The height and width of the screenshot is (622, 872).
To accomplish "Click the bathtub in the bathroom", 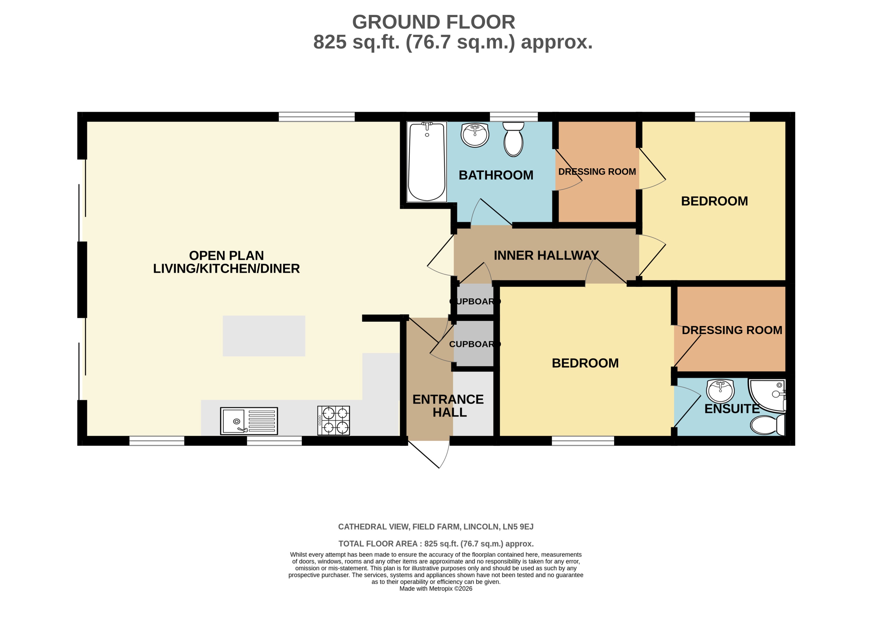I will [427, 162].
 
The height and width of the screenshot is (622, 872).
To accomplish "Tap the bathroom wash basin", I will [475, 135].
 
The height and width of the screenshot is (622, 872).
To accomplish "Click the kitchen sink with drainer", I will [249, 421].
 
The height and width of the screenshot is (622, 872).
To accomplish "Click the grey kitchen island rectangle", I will [264, 336].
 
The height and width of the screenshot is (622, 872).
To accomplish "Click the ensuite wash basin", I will [721, 391].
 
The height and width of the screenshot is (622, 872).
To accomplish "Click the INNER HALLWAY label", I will [546, 255].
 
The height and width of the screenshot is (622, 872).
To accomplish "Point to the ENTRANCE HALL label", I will [448, 406].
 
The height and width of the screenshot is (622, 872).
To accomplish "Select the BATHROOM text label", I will [496, 175].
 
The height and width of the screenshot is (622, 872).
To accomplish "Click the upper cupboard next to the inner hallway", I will [475, 299].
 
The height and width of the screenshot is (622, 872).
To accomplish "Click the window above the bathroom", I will [514, 116].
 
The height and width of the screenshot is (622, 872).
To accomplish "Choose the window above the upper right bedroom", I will [722, 116].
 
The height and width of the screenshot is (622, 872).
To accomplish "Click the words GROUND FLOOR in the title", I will [434, 22].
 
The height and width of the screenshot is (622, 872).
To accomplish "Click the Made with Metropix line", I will [436, 589].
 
